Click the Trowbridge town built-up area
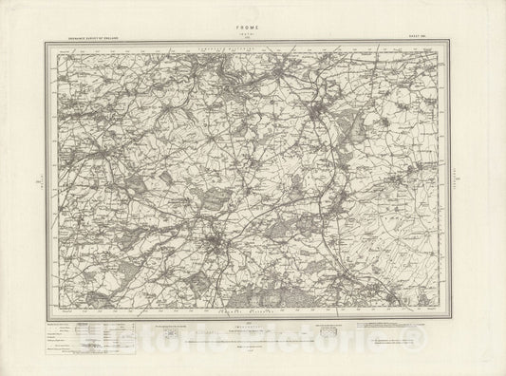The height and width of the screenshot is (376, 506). click(324, 117)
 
